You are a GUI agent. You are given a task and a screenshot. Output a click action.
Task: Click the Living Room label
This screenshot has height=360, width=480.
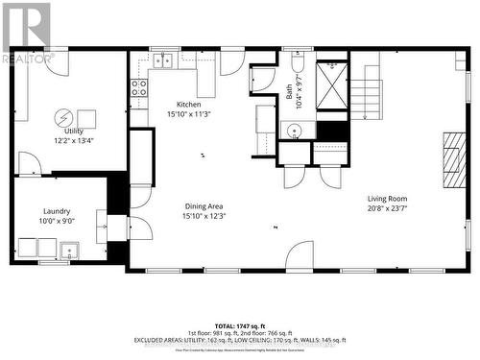click(x=387, y=199)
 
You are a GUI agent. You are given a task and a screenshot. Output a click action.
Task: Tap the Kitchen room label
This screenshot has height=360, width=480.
click(x=188, y=104)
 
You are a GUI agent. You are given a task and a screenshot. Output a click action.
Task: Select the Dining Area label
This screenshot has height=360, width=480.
click(x=204, y=205)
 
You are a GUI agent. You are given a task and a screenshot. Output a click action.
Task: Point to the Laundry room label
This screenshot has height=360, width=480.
click(x=57, y=210)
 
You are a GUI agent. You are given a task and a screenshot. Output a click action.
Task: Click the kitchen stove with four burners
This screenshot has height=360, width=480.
click(x=138, y=92)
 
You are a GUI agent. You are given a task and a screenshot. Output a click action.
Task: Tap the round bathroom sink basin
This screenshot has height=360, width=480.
click(x=290, y=130)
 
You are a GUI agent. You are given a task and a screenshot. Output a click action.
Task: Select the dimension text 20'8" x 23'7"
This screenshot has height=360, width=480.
click(x=387, y=209)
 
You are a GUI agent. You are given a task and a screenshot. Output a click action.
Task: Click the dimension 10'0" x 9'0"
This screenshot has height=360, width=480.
click(x=57, y=221)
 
